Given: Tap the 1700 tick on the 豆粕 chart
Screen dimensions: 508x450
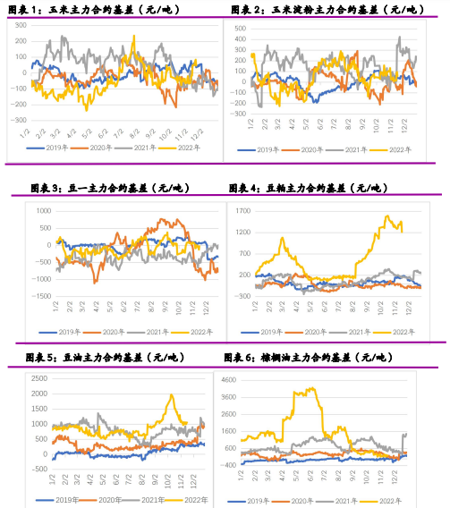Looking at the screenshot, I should [241, 208].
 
